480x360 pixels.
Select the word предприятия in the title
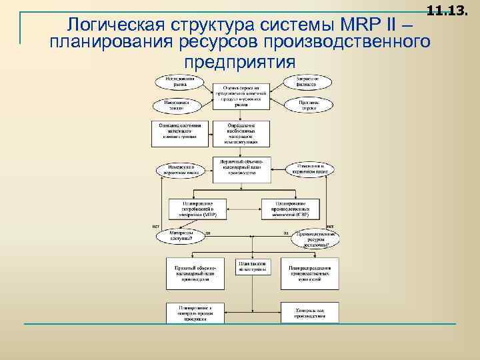point(239,61)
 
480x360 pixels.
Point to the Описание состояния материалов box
point(181,133)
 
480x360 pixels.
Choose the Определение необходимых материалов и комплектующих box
point(241,133)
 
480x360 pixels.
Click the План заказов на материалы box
point(251,267)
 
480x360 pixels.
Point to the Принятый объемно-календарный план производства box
point(195,273)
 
